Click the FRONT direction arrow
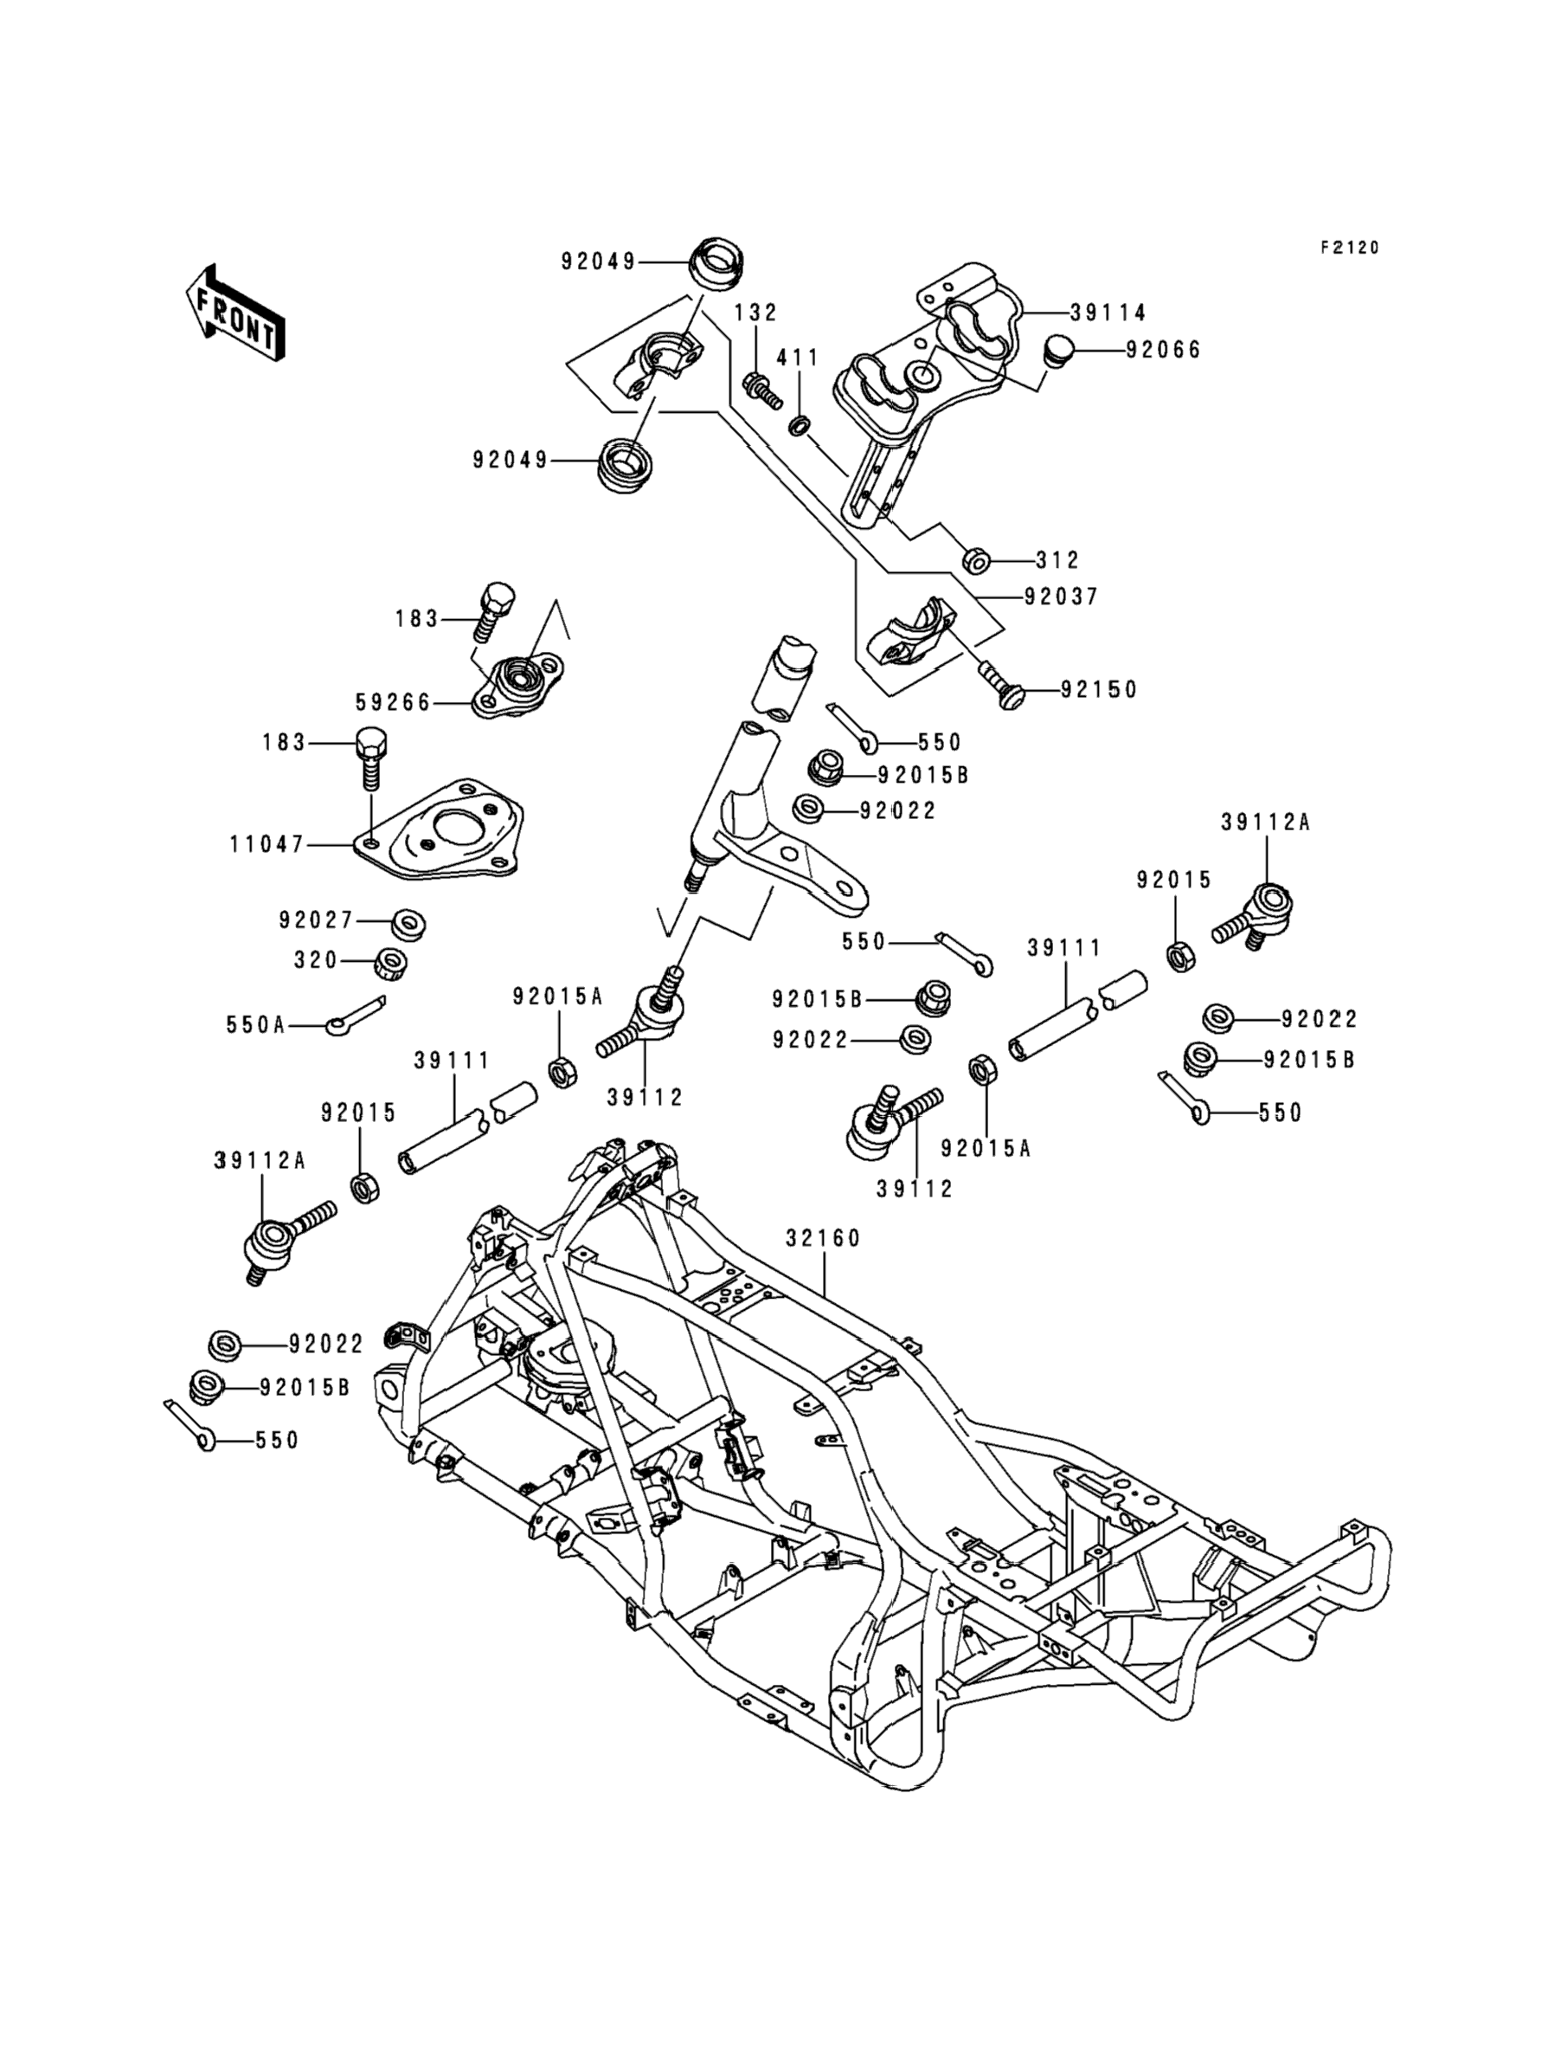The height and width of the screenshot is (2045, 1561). point(235,313)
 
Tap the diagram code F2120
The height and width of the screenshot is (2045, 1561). point(1349,248)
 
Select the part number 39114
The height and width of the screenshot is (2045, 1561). point(1108,313)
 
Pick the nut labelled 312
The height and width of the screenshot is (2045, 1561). point(973,560)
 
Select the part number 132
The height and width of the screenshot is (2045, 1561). point(755,313)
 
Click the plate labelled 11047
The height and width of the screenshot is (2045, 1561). point(446,829)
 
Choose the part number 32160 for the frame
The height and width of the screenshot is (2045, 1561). point(823,1238)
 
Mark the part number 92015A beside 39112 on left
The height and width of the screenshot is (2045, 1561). point(557,997)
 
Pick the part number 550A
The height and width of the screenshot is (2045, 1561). point(255,1025)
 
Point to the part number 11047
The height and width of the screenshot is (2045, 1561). point(267,844)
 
